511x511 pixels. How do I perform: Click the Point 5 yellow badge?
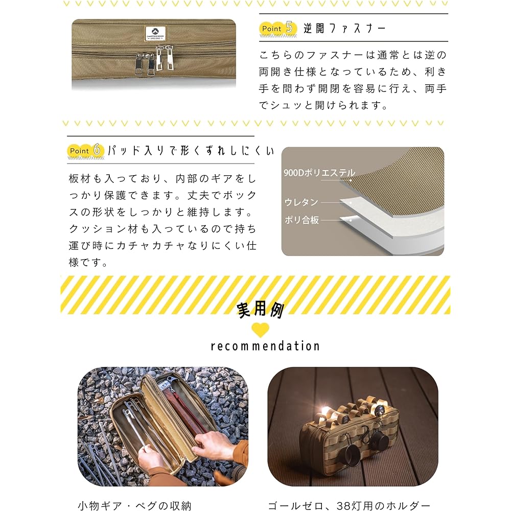278,28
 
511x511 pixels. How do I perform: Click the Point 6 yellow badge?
86,151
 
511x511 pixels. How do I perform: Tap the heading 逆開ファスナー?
345,28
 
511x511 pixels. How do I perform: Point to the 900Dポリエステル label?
319,173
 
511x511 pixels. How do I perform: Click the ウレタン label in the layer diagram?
301,202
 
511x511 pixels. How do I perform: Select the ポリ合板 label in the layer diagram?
301,220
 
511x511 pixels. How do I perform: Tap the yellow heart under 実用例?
260,330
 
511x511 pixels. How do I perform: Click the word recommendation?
265,346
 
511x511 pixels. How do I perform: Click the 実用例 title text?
260,310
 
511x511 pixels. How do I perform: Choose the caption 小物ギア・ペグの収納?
134,506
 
